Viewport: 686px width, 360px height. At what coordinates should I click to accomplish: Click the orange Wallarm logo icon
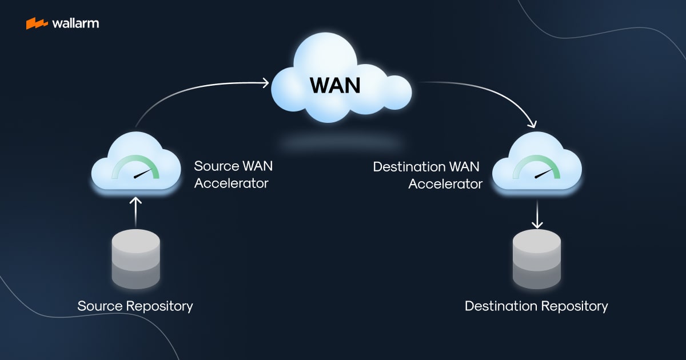[37, 23]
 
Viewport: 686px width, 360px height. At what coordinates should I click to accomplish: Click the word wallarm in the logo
[75, 23]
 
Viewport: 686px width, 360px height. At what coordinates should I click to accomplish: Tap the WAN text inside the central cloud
[336, 85]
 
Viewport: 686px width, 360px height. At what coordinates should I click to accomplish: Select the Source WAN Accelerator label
[233, 175]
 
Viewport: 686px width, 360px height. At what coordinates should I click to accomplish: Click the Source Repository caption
[135, 306]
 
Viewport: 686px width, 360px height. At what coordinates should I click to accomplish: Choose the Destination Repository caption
[536, 306]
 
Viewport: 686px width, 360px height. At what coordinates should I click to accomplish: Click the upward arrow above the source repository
[135, 210]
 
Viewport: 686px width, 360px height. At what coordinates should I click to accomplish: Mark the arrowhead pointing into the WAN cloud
[265, 83]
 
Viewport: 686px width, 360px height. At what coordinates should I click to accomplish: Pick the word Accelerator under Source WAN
[231, 184]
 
